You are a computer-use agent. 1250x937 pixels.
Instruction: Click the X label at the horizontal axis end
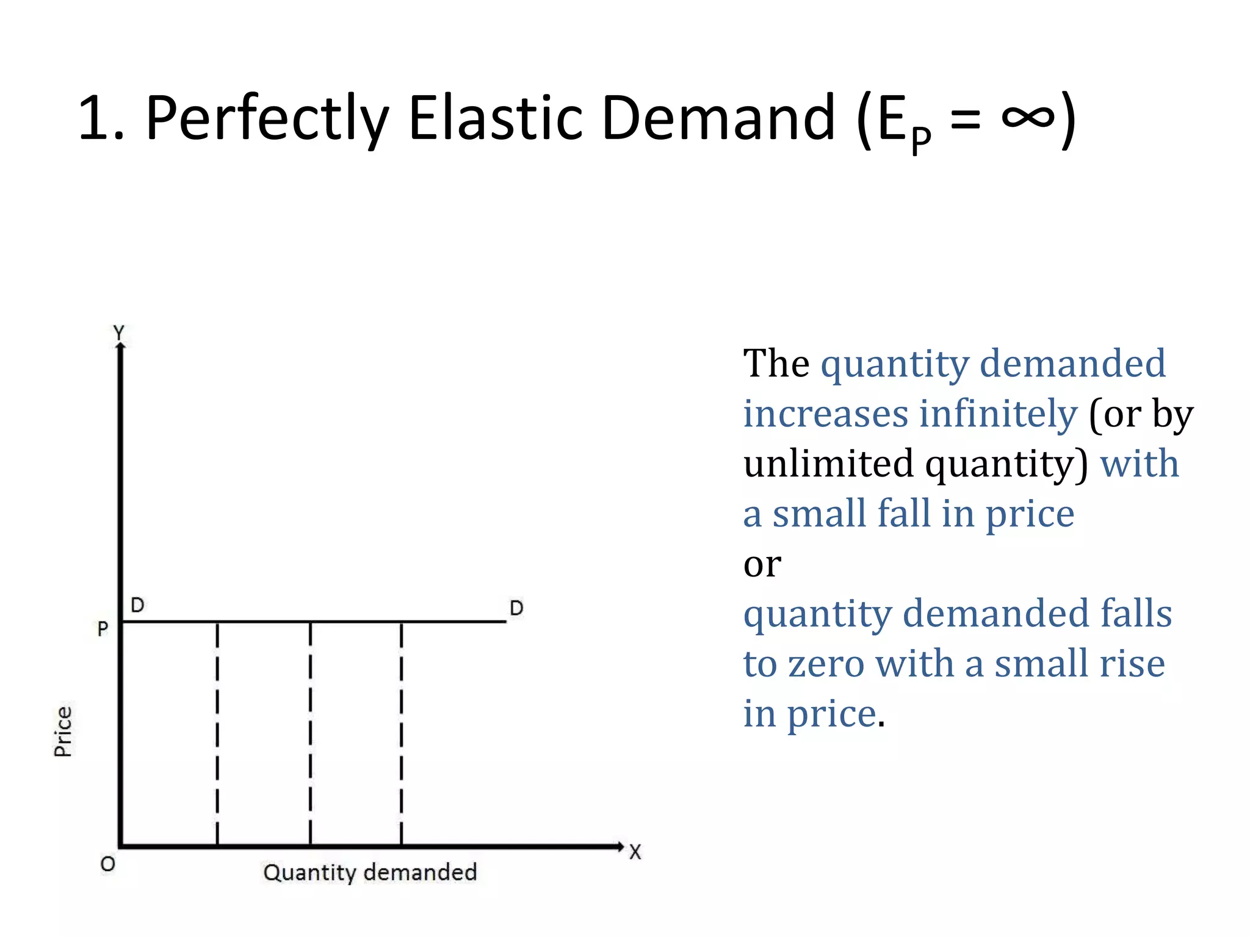pyautogui.click(x=635, y=852)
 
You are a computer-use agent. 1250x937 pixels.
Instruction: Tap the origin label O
pyautogui.click(x=107, y=864)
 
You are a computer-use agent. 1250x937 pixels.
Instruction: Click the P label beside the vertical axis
pyautogui.click(x=103, y=628)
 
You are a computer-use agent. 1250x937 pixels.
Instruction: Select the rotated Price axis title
pyautogui.click(x=63, y=731)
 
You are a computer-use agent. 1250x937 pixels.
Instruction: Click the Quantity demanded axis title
pyautogui.click(x=370, y=872)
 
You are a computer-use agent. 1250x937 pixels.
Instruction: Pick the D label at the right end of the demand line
pyautogui.click(x=516, y=608)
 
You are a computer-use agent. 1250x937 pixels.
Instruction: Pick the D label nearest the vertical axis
pyautogui.click(x=137, y=605)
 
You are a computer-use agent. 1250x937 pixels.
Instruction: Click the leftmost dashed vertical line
pyautogui.click(x=217, y=732)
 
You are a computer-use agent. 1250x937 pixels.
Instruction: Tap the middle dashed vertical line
pyautogui.click(x=310, y=732)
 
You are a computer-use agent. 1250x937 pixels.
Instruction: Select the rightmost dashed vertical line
pyautogui.click(x=401, y=732)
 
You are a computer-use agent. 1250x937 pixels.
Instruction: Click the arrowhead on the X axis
pyautogui.click(x=620, y=846)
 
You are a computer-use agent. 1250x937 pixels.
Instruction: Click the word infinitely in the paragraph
pyautogui.click(x=999, y=414)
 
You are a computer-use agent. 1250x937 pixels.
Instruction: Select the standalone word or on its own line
pyautogui.click(x=762, y=564)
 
